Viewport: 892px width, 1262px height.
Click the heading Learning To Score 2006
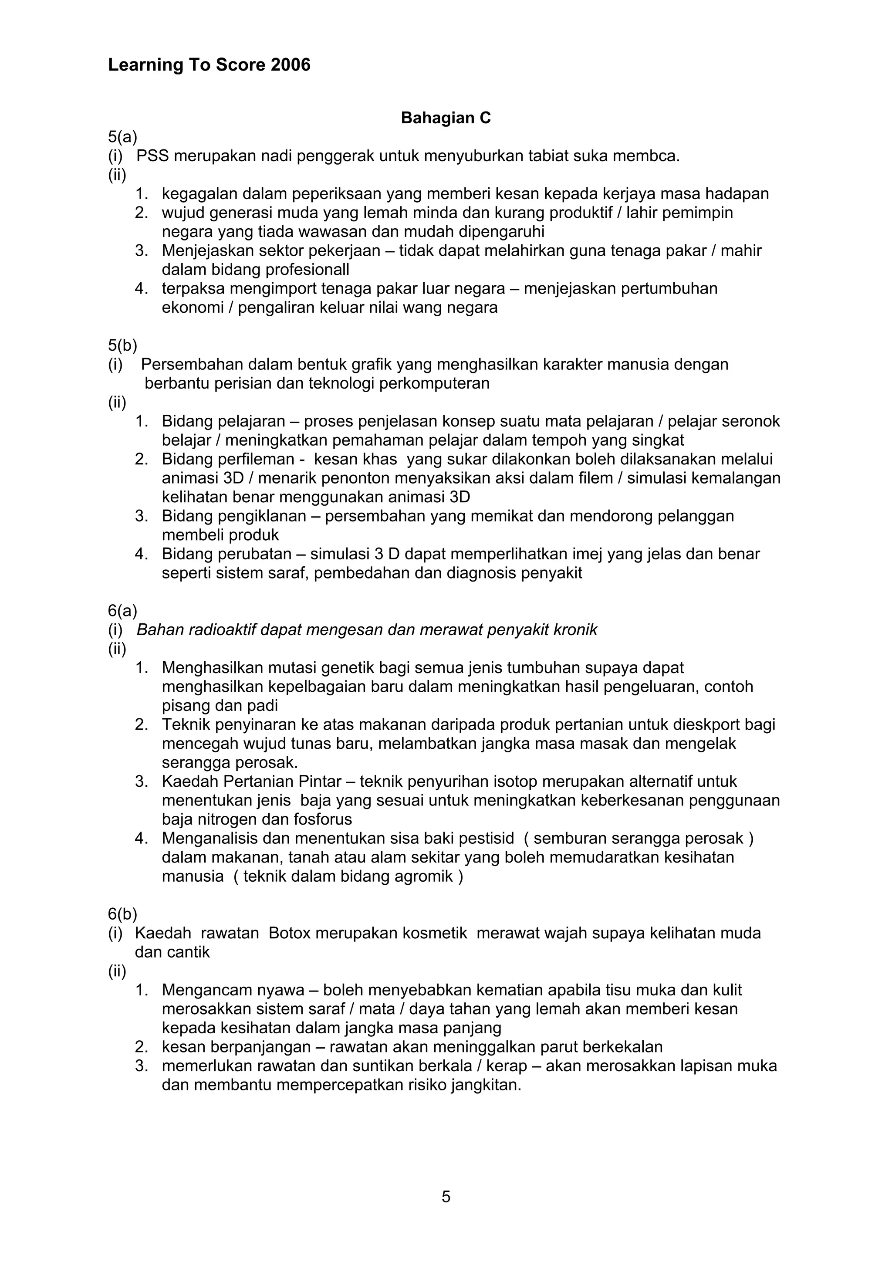tap(209, 65)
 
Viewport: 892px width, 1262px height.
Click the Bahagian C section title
tap(445, 118)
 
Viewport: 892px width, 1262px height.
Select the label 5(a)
tap(122, 136)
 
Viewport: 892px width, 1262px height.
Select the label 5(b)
tap(122, 345)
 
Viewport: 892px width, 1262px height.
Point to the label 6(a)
tap(122, 611)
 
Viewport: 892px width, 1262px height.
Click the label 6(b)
tap(122, 914)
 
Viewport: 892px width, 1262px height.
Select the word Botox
tap(290, 933)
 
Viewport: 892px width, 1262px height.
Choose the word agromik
tap(424, 876)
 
